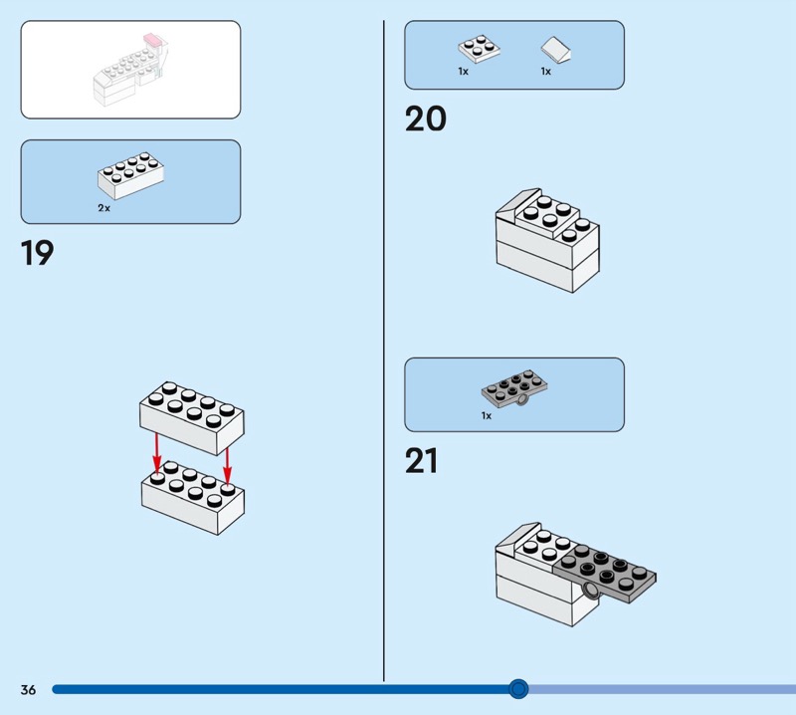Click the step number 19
[x=37, y=253]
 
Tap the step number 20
[x=426, y=119]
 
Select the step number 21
[x=421, y=461]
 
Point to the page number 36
[x=28, y=689]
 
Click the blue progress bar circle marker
[x=518, y=689]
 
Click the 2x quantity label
[x=104, y=208]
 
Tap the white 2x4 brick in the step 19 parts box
[x=130, y=175]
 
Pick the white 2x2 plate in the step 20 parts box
[x=479, y=49]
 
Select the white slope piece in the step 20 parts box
[x=555, y=50]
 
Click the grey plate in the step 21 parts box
[x=514, y=388]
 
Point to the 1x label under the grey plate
[x=487, y=415]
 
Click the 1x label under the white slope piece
[x=545, y=71]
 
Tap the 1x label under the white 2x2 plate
[x=463, y=71]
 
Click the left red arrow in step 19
[x=157, y=454]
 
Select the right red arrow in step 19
[x=227, y=465]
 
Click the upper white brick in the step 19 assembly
[x=192, y=418]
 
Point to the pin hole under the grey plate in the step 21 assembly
[x=591, y=590]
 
